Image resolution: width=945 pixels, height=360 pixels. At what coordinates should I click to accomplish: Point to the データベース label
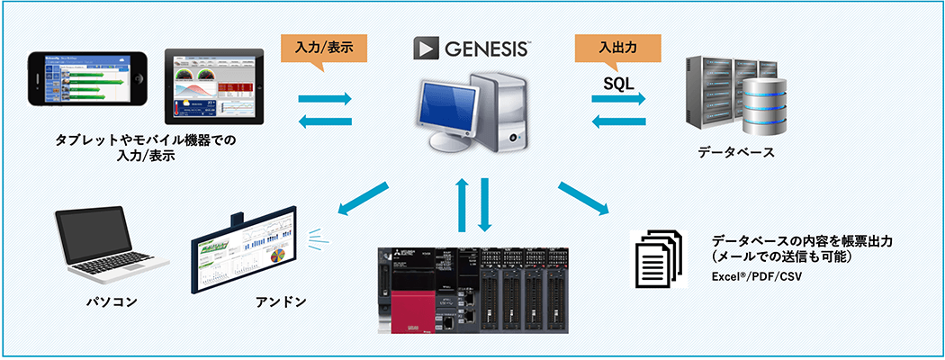pyautogui.click(x=735, y=152)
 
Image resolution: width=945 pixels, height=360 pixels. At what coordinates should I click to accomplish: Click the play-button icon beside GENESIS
pyautogui.click(x=427, y=48)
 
